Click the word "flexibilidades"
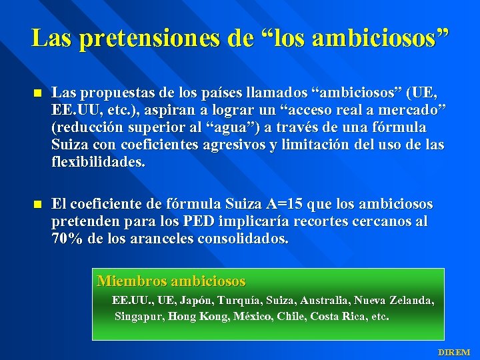tap(97, 163)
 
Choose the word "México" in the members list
tap(253, 316)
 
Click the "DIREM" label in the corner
tap(453, 351)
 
